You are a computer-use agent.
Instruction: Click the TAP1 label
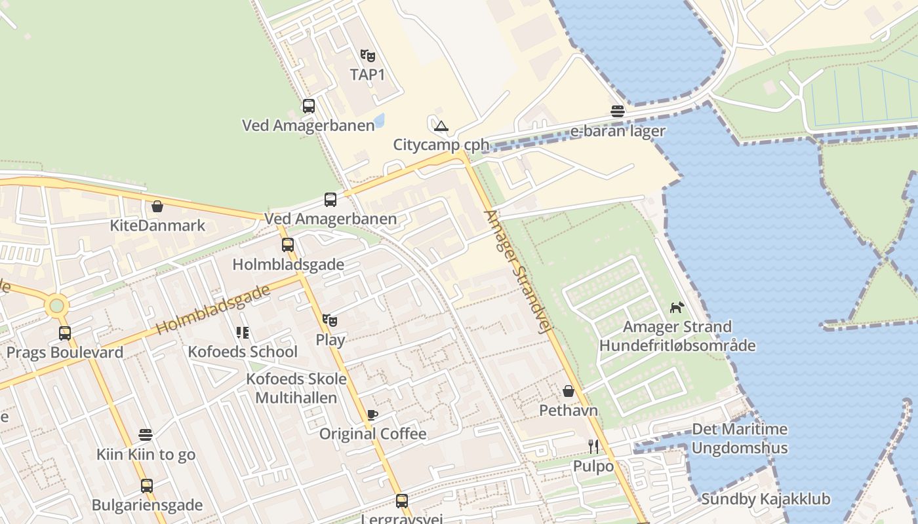367,75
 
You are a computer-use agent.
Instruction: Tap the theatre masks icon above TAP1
367,55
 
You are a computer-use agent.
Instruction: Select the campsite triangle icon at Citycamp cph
441,126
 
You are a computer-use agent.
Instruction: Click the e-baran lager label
617,131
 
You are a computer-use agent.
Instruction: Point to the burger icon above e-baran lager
617,111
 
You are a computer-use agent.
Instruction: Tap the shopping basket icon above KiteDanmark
157,206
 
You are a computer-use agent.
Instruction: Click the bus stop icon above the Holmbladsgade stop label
288,245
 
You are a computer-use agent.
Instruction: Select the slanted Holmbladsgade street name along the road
213,310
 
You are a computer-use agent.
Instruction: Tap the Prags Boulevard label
65,352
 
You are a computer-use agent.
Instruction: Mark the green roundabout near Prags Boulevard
57,305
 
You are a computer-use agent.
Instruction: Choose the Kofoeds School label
243,352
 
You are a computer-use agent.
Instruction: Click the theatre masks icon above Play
330,320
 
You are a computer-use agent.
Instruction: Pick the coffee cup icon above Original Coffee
372,415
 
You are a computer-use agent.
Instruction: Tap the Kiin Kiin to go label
146,455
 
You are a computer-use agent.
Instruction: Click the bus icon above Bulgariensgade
147,486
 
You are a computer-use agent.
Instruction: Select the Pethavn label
569,411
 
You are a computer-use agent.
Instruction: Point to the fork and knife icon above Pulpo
593,447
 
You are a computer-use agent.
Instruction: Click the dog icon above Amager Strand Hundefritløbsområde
677,307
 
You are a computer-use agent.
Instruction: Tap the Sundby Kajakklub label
765,499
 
